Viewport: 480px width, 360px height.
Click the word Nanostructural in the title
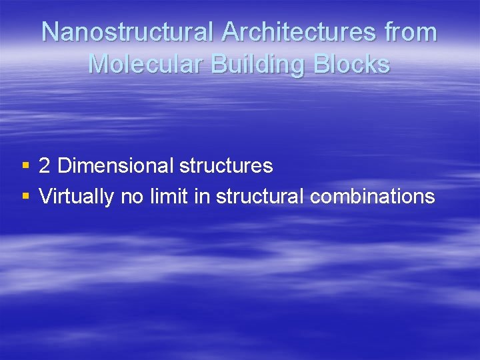point(127,32)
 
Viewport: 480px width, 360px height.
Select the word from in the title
point(414,32)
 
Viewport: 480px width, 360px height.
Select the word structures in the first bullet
point(226,165)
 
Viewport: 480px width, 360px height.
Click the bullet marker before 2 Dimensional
point(25,165)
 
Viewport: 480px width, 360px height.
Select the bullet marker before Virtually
point(25,196)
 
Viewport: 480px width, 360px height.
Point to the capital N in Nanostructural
point(51,32)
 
